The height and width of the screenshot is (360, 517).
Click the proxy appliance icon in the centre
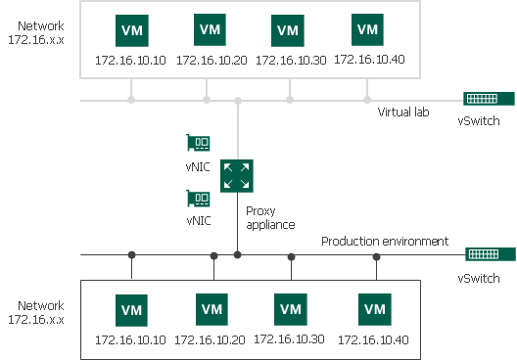(236, 175)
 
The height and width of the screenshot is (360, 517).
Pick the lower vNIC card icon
(199, 199)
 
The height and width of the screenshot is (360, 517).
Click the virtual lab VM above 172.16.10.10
(130, 30)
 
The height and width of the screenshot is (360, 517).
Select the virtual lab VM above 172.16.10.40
(367, 29)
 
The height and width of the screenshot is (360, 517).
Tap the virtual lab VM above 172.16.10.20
(209, 29)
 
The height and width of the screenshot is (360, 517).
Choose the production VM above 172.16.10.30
(291, 309)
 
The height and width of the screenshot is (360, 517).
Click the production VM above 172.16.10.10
(131, 310)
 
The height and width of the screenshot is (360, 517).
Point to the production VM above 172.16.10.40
(374, 309)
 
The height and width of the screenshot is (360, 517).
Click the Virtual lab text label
(403, 112)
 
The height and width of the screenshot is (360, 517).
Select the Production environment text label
(385, 241)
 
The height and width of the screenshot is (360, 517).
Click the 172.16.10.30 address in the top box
(289, 60)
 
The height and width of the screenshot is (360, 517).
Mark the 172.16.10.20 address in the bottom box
(211, 339)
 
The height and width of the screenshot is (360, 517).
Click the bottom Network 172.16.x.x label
(36, 312)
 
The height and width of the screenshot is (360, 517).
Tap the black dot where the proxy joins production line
(237, 255)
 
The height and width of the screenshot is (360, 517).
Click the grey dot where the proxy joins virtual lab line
(238, 100)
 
